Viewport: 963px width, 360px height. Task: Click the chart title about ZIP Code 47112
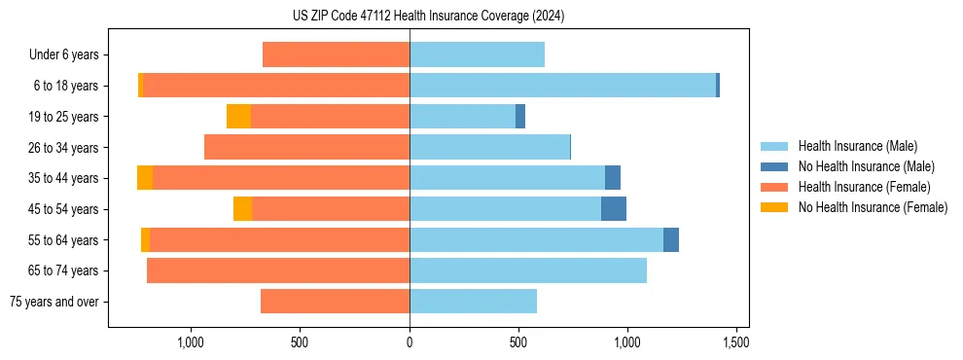click(428, 17)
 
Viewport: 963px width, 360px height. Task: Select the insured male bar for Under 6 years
click(477, 55)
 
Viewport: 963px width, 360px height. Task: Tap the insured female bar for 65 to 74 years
click(278, 270)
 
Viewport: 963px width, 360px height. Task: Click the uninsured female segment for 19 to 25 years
click(238, 117)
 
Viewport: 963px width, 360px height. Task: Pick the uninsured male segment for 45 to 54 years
click(614, 209)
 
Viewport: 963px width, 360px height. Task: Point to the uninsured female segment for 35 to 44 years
click(145, 178)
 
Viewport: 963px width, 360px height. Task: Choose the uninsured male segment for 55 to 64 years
click(671, 240)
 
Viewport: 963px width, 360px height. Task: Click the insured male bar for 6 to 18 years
click(562, 86)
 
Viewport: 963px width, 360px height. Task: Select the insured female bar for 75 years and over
click(335, 302)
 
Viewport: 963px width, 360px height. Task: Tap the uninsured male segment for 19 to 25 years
click(520, 117)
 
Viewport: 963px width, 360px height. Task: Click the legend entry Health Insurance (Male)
click(857, 146)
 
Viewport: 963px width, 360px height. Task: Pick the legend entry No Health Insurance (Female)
click(873, 207)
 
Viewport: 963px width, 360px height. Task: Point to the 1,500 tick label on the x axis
click(735, 342)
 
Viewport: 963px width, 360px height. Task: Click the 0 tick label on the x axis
click(410, 342)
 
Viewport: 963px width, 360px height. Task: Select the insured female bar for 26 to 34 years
click(306, 148)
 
